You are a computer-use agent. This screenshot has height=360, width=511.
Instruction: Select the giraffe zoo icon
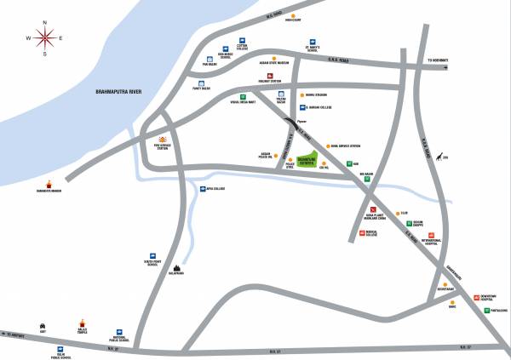point(441,157)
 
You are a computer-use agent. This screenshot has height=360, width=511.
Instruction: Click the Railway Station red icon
point(270,76)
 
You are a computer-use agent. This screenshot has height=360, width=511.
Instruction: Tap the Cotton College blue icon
point(242,42)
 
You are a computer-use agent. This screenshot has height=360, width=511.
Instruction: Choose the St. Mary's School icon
point(313,42)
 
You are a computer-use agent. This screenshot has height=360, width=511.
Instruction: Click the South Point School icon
point(153,255)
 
